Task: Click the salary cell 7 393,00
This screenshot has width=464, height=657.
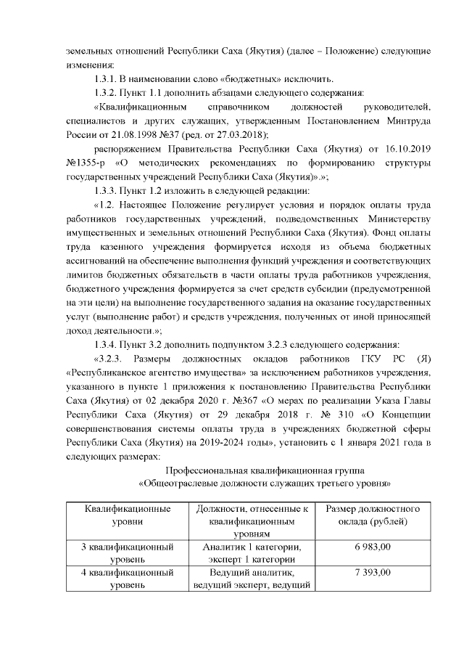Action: point(373,574)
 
